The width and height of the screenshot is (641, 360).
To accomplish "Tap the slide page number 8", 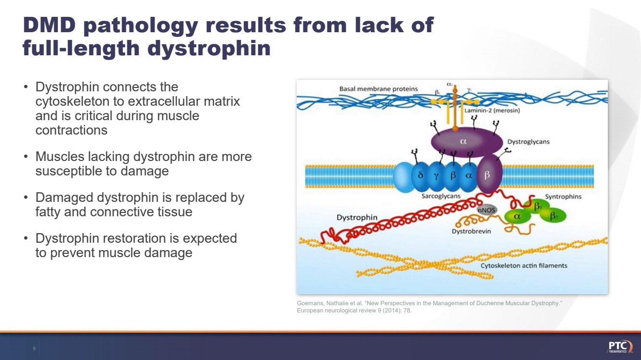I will pyautogui.click(x=34, y=348).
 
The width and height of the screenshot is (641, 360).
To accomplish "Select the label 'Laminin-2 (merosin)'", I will pyautogui.click(x=492, y=111).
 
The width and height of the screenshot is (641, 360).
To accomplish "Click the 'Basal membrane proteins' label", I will pyautogui.click(x=378, y=89).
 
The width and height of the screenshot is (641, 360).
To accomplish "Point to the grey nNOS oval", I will pyautogui.click(x=486, y=210).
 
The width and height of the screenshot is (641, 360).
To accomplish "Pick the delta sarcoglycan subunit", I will pyautogui.click(x=420, y=176).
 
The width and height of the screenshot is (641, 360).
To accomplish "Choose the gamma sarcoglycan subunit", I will pyautogui.click(x=436, y=176).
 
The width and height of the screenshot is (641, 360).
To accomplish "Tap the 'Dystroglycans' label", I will pyautogui.click(x=528, y=142).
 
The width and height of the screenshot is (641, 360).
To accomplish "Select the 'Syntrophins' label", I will pyautogui.click(x=563, y=197).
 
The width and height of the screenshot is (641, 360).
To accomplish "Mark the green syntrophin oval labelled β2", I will pyautogui.click(x=554, y=216).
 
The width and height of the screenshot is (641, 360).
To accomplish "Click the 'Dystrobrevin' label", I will pyautogui.click(x=471, y=231).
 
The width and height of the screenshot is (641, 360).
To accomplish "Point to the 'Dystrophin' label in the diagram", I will pyautogui.click(x=357, y=218).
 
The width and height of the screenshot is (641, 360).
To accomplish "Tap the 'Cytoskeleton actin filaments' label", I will pyautogui.click(x=524, y=265).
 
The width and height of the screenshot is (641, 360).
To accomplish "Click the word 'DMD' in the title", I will pyautogui.click(x=50, y=25).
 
